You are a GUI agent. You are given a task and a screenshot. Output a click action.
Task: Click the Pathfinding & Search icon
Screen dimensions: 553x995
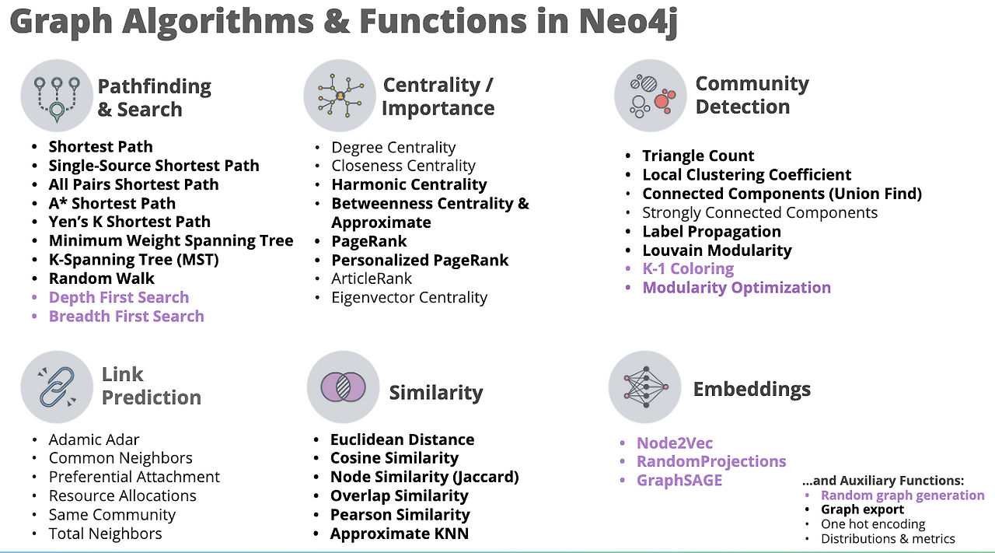pos(56,95)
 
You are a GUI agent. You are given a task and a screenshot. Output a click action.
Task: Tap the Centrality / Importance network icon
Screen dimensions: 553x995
pos(339,96)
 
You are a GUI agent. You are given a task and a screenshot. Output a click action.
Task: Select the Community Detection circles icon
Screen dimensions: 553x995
pos(650,95)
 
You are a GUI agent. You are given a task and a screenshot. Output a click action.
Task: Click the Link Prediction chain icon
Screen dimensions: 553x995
pos(56,387)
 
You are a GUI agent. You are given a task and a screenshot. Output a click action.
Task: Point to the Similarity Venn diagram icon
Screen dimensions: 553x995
pos(343,387)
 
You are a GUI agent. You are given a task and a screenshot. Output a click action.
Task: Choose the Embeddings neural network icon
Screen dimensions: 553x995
pos(645,387)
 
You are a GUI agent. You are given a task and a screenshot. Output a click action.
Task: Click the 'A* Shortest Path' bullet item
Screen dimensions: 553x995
pos(112,203)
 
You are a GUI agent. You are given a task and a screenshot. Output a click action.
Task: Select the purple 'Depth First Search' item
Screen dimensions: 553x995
pos(118,297)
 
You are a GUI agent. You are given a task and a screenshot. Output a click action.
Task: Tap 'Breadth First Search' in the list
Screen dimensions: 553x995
pos(126,316)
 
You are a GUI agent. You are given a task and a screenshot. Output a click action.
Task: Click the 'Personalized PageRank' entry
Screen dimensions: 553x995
pos(420,260)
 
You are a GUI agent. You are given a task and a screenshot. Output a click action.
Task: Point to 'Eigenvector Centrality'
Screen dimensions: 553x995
pos(409,297)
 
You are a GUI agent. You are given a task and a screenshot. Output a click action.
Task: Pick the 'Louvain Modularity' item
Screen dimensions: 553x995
pos(717,250)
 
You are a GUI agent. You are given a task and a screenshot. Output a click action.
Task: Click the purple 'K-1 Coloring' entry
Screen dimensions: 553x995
pos(688,268)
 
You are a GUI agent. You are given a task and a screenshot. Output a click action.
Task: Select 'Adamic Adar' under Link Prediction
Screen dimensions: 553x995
pos(94,439)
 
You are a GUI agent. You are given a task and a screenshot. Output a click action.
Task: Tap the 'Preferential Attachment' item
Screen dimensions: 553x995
pos(134,477)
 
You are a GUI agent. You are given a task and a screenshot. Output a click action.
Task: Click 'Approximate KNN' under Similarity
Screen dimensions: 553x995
pos(399,534)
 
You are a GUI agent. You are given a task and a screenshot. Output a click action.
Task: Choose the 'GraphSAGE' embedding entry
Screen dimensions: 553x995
pos(679,480)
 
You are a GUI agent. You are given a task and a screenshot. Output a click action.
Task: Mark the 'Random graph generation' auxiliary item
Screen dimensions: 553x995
pos(902,495)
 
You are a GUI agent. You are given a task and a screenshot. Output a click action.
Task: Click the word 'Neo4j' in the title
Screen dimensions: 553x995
pos(628,22)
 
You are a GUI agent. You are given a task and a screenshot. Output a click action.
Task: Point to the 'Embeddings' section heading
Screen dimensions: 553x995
pos(752,389)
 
